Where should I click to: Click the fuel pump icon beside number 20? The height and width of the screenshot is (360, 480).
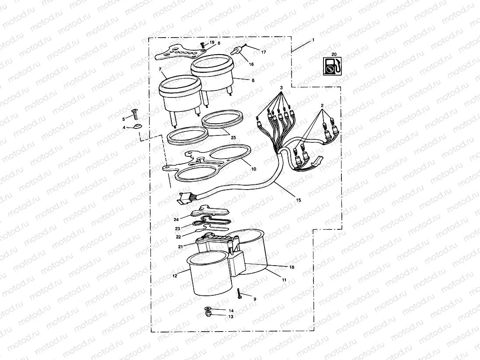(331, 66)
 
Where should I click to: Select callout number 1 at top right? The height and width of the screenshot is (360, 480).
(313, 41)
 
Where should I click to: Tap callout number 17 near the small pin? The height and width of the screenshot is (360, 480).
(264, 52)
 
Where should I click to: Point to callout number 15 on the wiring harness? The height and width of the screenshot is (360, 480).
(299, 200)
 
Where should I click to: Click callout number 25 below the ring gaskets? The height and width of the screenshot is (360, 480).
(233, 138)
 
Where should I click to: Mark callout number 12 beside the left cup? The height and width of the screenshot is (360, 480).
(174, 276)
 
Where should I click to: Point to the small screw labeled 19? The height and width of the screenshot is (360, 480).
(202, 45)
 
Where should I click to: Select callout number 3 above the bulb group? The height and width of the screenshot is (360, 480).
(282, 88)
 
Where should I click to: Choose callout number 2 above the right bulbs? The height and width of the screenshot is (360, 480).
(322, 106)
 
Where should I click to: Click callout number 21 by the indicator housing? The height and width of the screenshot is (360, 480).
(180, 247)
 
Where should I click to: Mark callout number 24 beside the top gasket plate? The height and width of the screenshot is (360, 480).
(176, 219)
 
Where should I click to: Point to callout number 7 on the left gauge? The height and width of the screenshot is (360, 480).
(160, 69)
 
